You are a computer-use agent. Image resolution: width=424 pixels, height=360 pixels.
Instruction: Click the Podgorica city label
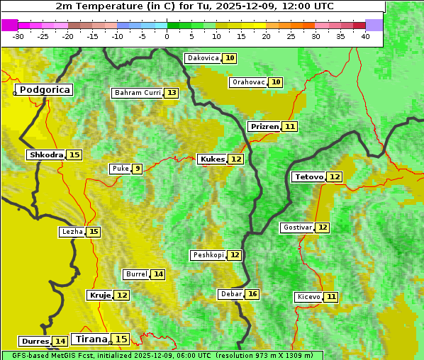tap(44, 90)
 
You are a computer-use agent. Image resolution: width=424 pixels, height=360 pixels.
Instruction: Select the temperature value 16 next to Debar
tap(252, 294)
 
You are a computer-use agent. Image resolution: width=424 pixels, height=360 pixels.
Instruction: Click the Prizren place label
tap(264, 126)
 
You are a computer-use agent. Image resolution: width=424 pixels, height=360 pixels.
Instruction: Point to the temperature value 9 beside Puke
tap(137, 169)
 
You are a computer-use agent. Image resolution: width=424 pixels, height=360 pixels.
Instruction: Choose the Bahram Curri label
tap(138, 93)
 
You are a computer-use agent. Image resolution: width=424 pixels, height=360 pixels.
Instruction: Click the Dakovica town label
tap(203, 58)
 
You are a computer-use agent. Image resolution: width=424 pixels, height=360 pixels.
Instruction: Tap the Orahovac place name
tap(248, 82)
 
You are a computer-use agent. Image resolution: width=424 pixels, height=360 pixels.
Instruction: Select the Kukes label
tap(212, 159)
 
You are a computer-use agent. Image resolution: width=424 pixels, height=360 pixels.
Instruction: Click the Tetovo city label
tap(308, 176)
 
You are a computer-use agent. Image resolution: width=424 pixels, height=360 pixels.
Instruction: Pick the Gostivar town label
tap(296, 227)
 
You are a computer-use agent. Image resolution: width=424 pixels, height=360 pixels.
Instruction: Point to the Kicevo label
tap(308, 297)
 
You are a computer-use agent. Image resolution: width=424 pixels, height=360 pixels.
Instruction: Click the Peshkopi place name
tap(208, 255)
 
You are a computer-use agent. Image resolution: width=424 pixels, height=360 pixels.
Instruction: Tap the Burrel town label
tap(136, 274)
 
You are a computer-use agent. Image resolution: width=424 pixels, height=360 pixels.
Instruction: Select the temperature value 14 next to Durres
tap(60, 342)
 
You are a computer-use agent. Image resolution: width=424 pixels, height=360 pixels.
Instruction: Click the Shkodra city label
tap(45, 154)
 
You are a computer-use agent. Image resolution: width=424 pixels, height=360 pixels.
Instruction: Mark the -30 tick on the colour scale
tap(18, 36)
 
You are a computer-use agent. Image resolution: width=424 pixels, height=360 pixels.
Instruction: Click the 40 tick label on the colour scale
tap(365, 36)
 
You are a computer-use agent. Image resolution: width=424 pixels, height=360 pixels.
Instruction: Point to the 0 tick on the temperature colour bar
tap(167, 36)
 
